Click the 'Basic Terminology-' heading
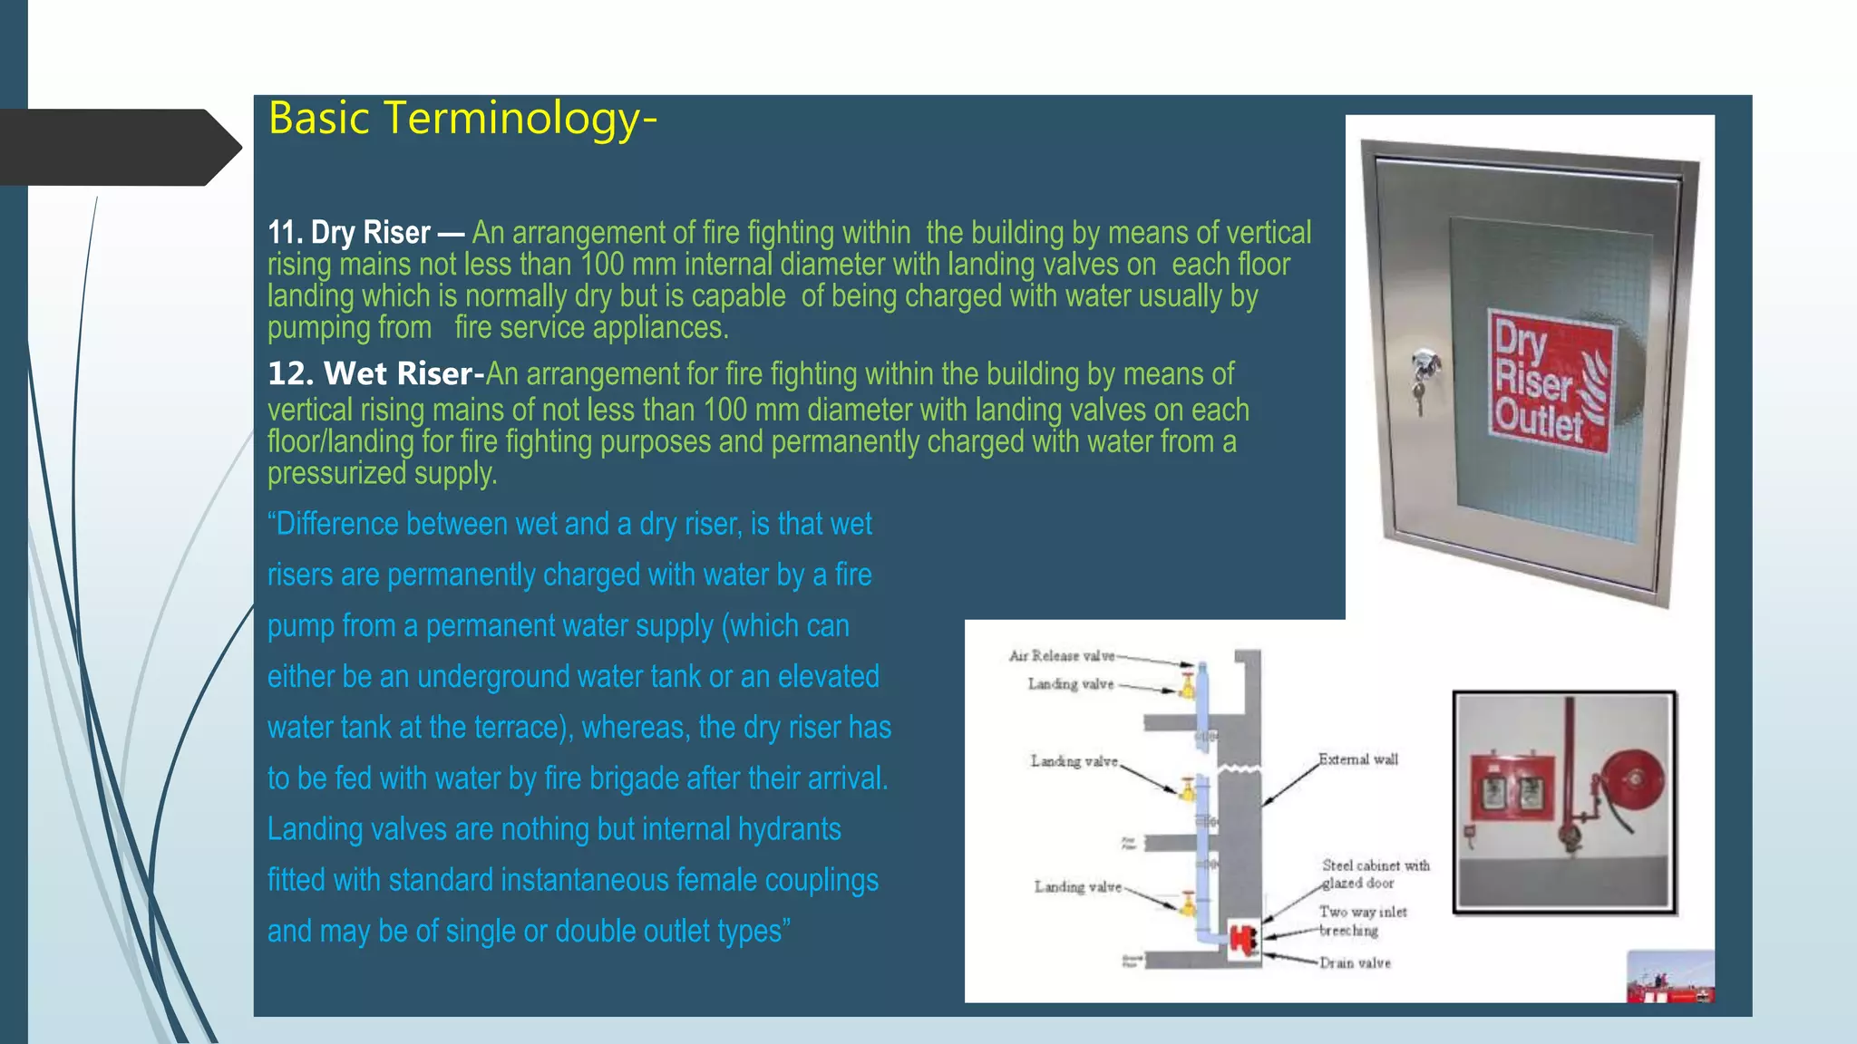pyautogui.click(x=462, y=119)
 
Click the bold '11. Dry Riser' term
pyautogui.click(x=349, y=233)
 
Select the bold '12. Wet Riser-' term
pyautogui.click(x=375, y=373)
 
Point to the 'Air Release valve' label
pyautogui.click(x=1062, y=655)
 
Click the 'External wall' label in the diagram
pyautogui.click(x=1357, y=759)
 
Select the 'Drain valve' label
pyautogui.click(x=1355, y=962)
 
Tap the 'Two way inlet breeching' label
pyautogui.click(x=1362, y=921)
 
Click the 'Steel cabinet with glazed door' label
pyautogui.click(x=1375, y=874)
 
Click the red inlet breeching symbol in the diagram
pyautogui.click(x=1243, y=939)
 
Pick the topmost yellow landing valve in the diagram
pyautogui.click(x=1187, y=686)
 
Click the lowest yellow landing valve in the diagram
pyautogui.click(x=1187, y=904)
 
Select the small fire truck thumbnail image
pyautogui.click(x=1669, y=976)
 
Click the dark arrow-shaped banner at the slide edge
pyautogui.click(x=118, y=148)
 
